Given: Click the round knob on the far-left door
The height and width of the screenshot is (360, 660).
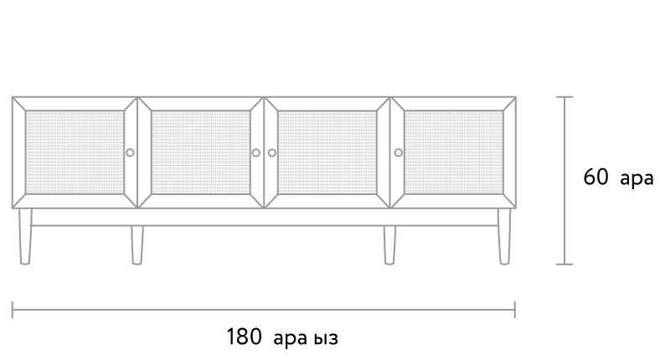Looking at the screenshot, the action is point(130,152).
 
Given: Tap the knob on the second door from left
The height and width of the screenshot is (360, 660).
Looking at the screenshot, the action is point(256,152).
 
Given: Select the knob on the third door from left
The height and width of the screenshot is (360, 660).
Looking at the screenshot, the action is point(272,152).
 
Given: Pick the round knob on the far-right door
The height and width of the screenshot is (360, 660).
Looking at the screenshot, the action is point(398,152).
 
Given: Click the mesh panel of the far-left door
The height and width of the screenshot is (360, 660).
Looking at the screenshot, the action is point(75,152).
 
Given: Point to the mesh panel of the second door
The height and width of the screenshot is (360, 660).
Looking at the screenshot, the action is point(201,152).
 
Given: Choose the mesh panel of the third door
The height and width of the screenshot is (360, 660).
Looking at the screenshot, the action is point(327,152).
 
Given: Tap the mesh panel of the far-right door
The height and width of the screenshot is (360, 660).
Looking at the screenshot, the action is point(453,152).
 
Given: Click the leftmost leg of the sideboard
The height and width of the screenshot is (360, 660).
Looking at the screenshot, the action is point(25,236).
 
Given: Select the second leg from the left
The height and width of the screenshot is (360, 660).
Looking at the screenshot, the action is point(137,245).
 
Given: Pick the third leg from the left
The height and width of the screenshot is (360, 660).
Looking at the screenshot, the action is point(389,245).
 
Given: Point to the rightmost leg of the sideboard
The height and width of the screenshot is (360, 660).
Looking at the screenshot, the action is point(504,236).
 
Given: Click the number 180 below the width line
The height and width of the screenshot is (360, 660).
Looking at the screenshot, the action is point(244,337).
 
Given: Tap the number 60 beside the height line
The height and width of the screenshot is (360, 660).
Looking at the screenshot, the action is point(596,177).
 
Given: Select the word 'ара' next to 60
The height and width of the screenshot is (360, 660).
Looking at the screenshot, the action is point(637,178).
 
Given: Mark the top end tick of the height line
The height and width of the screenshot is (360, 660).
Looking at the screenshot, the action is point(565,97).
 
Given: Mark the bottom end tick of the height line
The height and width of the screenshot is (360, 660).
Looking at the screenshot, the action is point(565,265).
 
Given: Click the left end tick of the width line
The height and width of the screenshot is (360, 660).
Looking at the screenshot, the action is point(13,310).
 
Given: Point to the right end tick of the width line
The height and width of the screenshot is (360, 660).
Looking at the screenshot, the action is point(515,310).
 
